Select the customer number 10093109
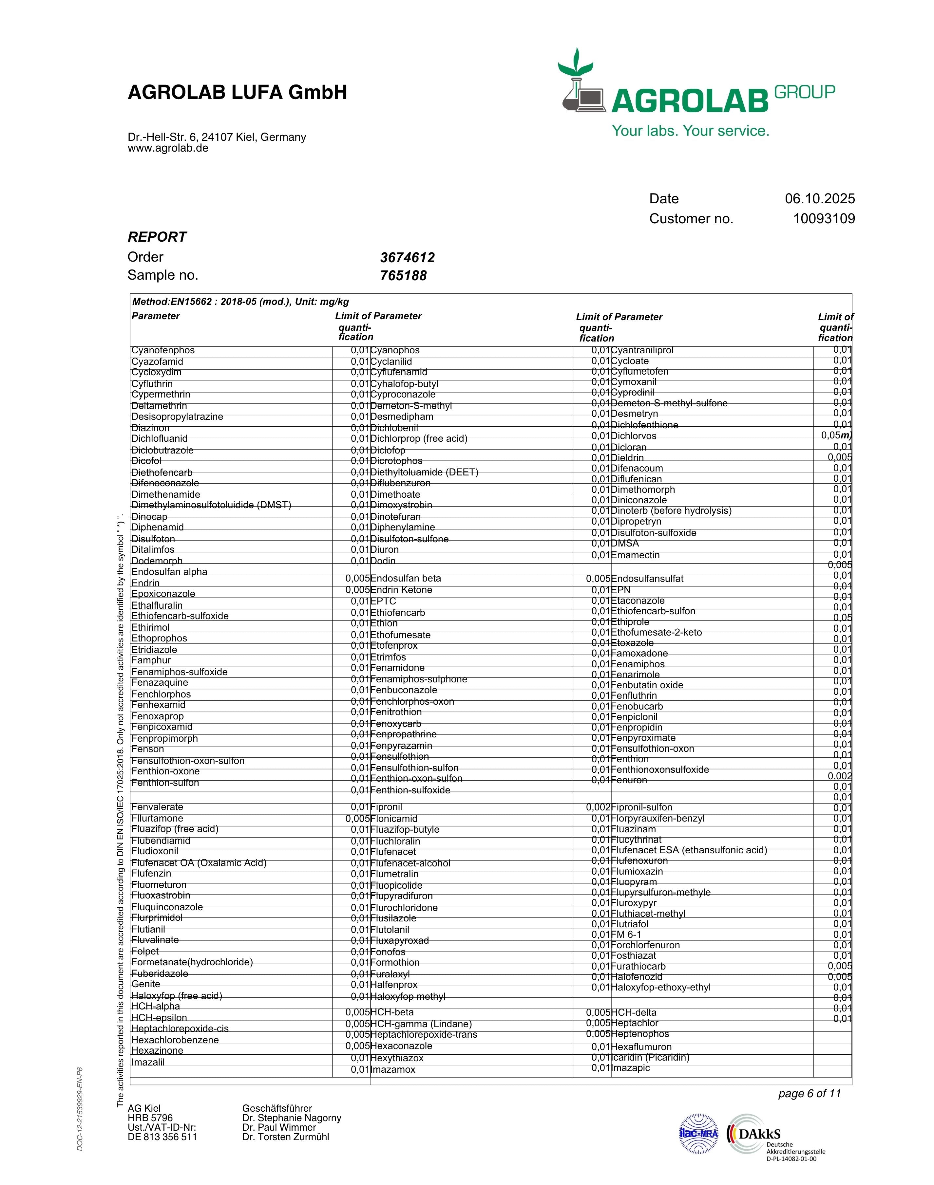click(x=824, y=219)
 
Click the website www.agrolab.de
click(x=168, y=148)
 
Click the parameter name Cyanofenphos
click(x=163, y=350)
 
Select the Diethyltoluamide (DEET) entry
click(x=424, y=472)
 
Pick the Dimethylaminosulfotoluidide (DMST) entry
click(x=211, y=505)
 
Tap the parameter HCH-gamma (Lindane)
click(x=421, y=1024)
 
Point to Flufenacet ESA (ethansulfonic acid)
click(x=689, y=850)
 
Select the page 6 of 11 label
click(x=809, y=1094)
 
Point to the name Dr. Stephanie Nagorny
click(x=292, y=1118)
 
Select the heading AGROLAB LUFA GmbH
click(x=237, y=92)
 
